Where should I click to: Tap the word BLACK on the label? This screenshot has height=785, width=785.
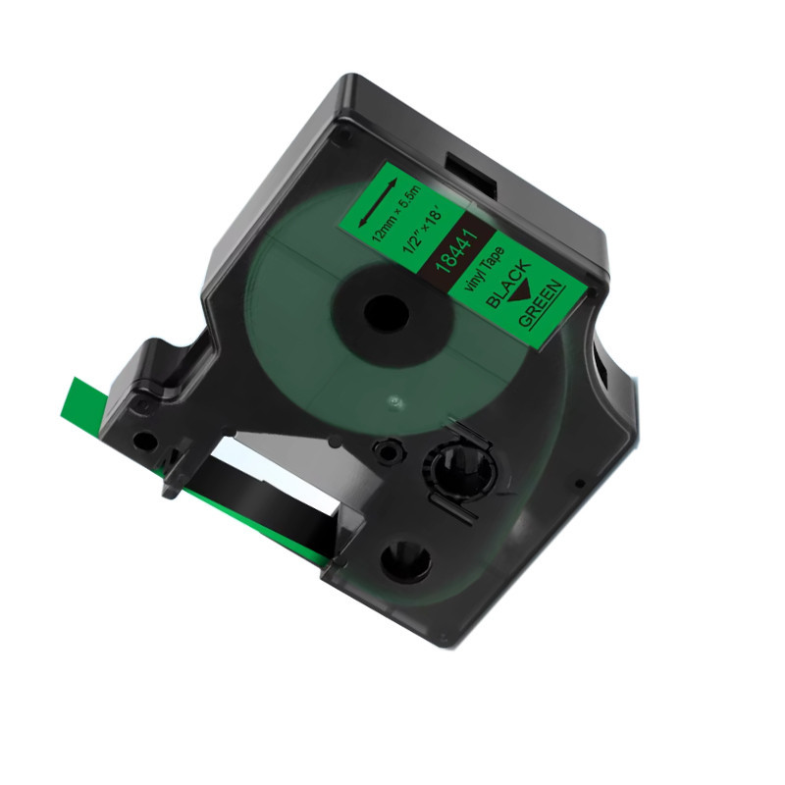point(507,284)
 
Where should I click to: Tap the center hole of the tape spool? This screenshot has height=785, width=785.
point(386,314)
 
